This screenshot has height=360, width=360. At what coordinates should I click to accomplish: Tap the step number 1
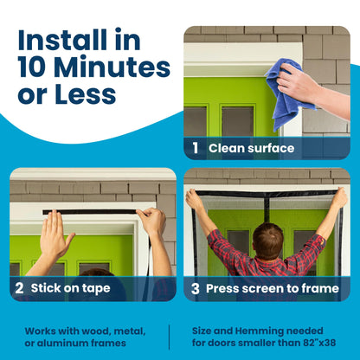pyautogui.click(x=196, y=148)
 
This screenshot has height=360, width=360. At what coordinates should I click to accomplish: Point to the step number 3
pyautogui.click(x=196, y=287)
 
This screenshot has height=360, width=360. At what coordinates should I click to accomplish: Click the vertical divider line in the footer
pyautogui.click(x=170, y=337)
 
